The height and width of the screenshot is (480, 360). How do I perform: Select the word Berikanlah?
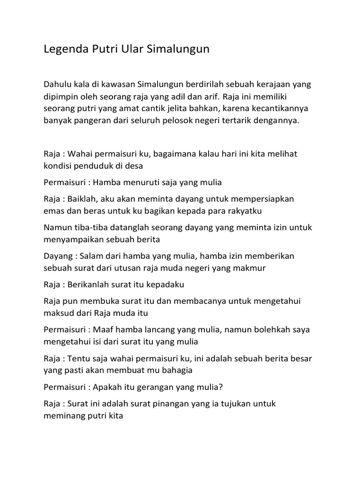90,285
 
